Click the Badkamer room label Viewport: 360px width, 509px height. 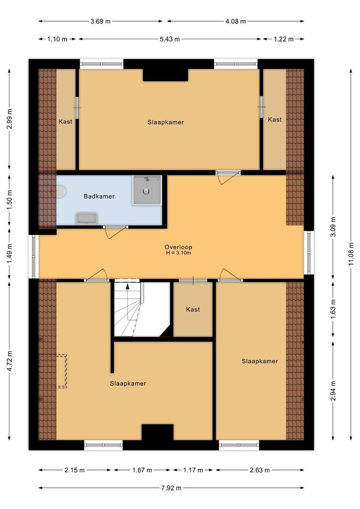coord(99,196)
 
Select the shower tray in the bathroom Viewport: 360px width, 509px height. coord(147,190)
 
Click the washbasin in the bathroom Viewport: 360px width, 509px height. coord(86,218)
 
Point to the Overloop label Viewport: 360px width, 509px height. coord(178,247)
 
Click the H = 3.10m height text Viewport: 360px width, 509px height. coord(178,253)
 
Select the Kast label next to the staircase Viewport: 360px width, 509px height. coord(193,310)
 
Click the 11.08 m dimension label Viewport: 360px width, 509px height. coord(351,254)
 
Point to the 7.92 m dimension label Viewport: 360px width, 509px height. coord(171,488)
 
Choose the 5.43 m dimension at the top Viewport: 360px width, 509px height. coord(170,39)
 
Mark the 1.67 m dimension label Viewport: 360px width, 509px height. coord(142,470)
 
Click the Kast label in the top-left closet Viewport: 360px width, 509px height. coord(65,122)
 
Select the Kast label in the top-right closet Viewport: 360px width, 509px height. coord(275,120)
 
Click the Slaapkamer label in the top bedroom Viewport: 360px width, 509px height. coord(165,122)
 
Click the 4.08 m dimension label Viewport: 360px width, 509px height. coord(236,21)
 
